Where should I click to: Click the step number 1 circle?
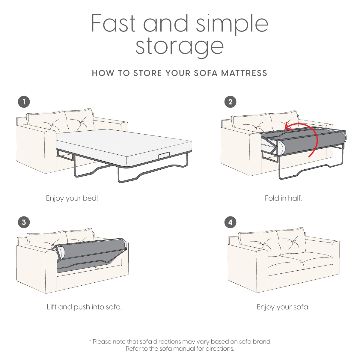[24, 102]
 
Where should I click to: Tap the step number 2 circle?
[230, 102]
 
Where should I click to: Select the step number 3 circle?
[24, 222]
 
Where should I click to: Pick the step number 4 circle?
[230, 222]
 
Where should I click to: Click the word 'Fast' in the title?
[113, 23]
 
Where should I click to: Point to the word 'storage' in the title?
[180, 46]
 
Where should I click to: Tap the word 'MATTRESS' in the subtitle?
[244, 73]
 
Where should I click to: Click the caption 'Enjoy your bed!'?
[72, 198]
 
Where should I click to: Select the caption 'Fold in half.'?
[283, 198]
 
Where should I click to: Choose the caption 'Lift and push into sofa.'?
[84, 307]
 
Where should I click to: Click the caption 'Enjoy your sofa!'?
[283, 307]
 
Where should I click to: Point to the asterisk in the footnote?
[90, 341]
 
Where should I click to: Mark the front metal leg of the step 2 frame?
[280, 168]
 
